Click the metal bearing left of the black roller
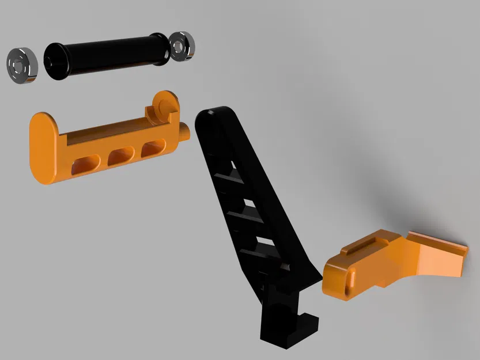pyautogui.click(x=22, y=65)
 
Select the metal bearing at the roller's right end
pyautogui.click(x=182, y=45)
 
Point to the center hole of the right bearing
pyautogui.click(x=180, y=45)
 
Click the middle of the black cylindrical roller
pyautogui.click(x=109, y=55)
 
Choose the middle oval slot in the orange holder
pyautogui.click(x=120, y=155)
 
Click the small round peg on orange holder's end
pyautogui.click(x=184, y=131)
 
